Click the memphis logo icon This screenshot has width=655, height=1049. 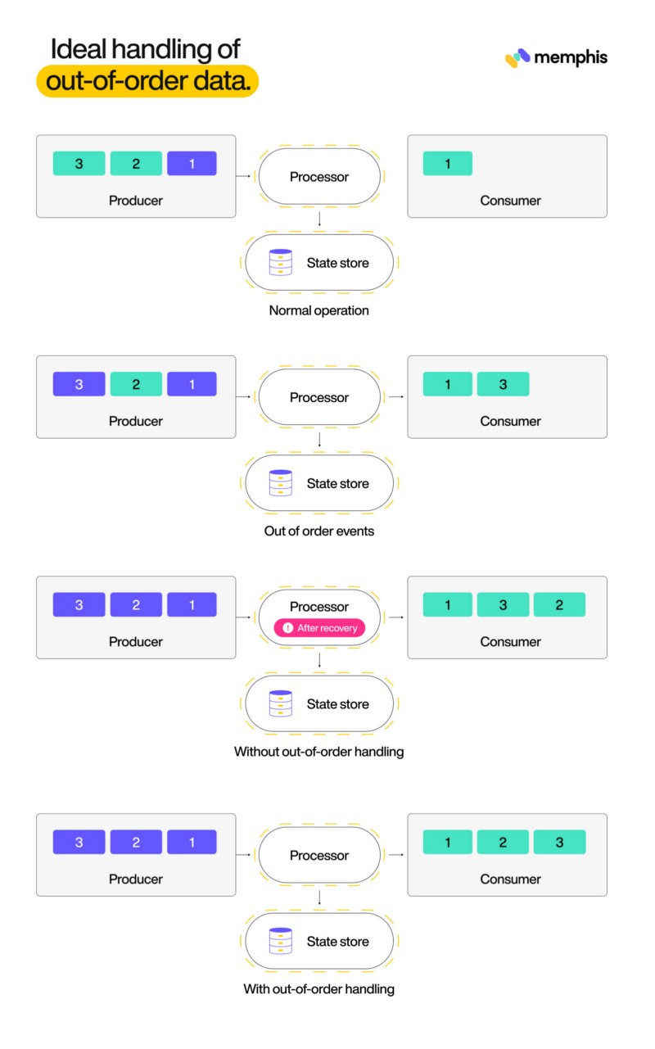coord(517,58)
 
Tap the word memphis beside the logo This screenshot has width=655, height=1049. coord(571,57)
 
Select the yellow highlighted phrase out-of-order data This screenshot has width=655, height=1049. coord(147,82)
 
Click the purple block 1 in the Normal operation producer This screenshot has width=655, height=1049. coord(192,164)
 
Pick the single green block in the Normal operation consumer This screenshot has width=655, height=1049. coord(447,164)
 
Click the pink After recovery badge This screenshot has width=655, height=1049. coord(319,628)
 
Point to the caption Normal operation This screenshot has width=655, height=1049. coord(318,310)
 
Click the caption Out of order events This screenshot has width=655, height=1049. coord(318,531)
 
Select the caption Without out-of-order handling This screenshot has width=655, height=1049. coord(318,751)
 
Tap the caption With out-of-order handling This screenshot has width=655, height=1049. coord(318,988)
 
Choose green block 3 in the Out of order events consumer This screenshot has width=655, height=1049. coord(503,384)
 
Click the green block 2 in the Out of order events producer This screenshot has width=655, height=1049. coord(136,384)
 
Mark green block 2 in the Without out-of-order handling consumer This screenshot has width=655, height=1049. coord(559,605)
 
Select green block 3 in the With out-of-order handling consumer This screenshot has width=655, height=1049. coord(559,842)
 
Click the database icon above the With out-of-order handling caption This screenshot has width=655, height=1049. coord(281,942)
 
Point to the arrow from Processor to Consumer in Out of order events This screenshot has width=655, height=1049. coord(395,397)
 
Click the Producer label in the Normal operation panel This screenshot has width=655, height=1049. coord(136,201)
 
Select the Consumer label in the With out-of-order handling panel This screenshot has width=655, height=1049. coord(510,879)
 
